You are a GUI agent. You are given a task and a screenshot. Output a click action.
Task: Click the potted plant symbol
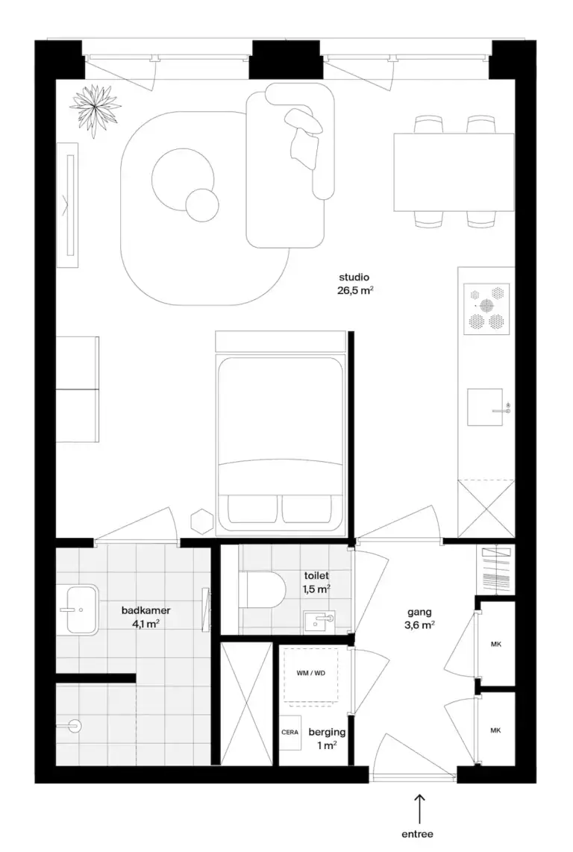point(95,110)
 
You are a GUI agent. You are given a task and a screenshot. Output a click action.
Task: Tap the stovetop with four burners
point(486,309)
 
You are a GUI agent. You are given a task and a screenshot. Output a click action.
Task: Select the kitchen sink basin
point(485,407)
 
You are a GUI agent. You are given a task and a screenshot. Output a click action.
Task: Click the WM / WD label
point(311,673)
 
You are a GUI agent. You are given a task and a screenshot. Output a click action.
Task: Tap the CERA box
point(289,733)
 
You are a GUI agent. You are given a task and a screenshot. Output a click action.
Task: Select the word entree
point(418,834)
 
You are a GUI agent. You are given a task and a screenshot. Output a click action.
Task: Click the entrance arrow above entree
point(419,808)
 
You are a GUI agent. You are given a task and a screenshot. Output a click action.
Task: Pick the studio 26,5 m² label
point(355,284)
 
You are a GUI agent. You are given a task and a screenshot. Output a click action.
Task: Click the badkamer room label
point(145,611)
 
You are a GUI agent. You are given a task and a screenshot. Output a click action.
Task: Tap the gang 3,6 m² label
point(419,619)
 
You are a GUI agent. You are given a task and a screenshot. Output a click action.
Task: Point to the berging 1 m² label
point(327,739)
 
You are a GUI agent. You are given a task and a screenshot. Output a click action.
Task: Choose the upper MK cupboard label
point(496,645)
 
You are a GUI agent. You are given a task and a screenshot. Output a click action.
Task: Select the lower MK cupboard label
point(496,731)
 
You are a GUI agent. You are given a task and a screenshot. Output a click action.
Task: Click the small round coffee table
point(201,205)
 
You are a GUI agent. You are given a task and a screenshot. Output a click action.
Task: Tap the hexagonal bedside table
point(201,521)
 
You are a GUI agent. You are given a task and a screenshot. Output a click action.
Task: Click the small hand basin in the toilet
point(319,621)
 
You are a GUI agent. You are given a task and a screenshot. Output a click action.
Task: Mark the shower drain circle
point(75,725)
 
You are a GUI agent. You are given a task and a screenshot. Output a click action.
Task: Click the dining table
point(454,172)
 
